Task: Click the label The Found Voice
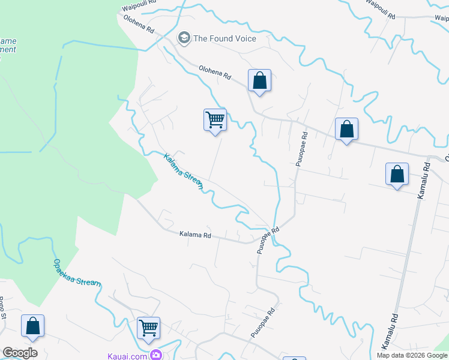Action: coord(224,38)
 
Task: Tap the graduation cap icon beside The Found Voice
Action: coord(184,38)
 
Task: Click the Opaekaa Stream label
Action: coord(76,273)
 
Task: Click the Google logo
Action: coord(20,353)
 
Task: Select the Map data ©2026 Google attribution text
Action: coord(411,355)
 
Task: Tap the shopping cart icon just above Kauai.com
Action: coord(148,328)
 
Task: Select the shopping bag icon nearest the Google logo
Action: coord(32,326)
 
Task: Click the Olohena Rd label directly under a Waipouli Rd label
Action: coord(139,24)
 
